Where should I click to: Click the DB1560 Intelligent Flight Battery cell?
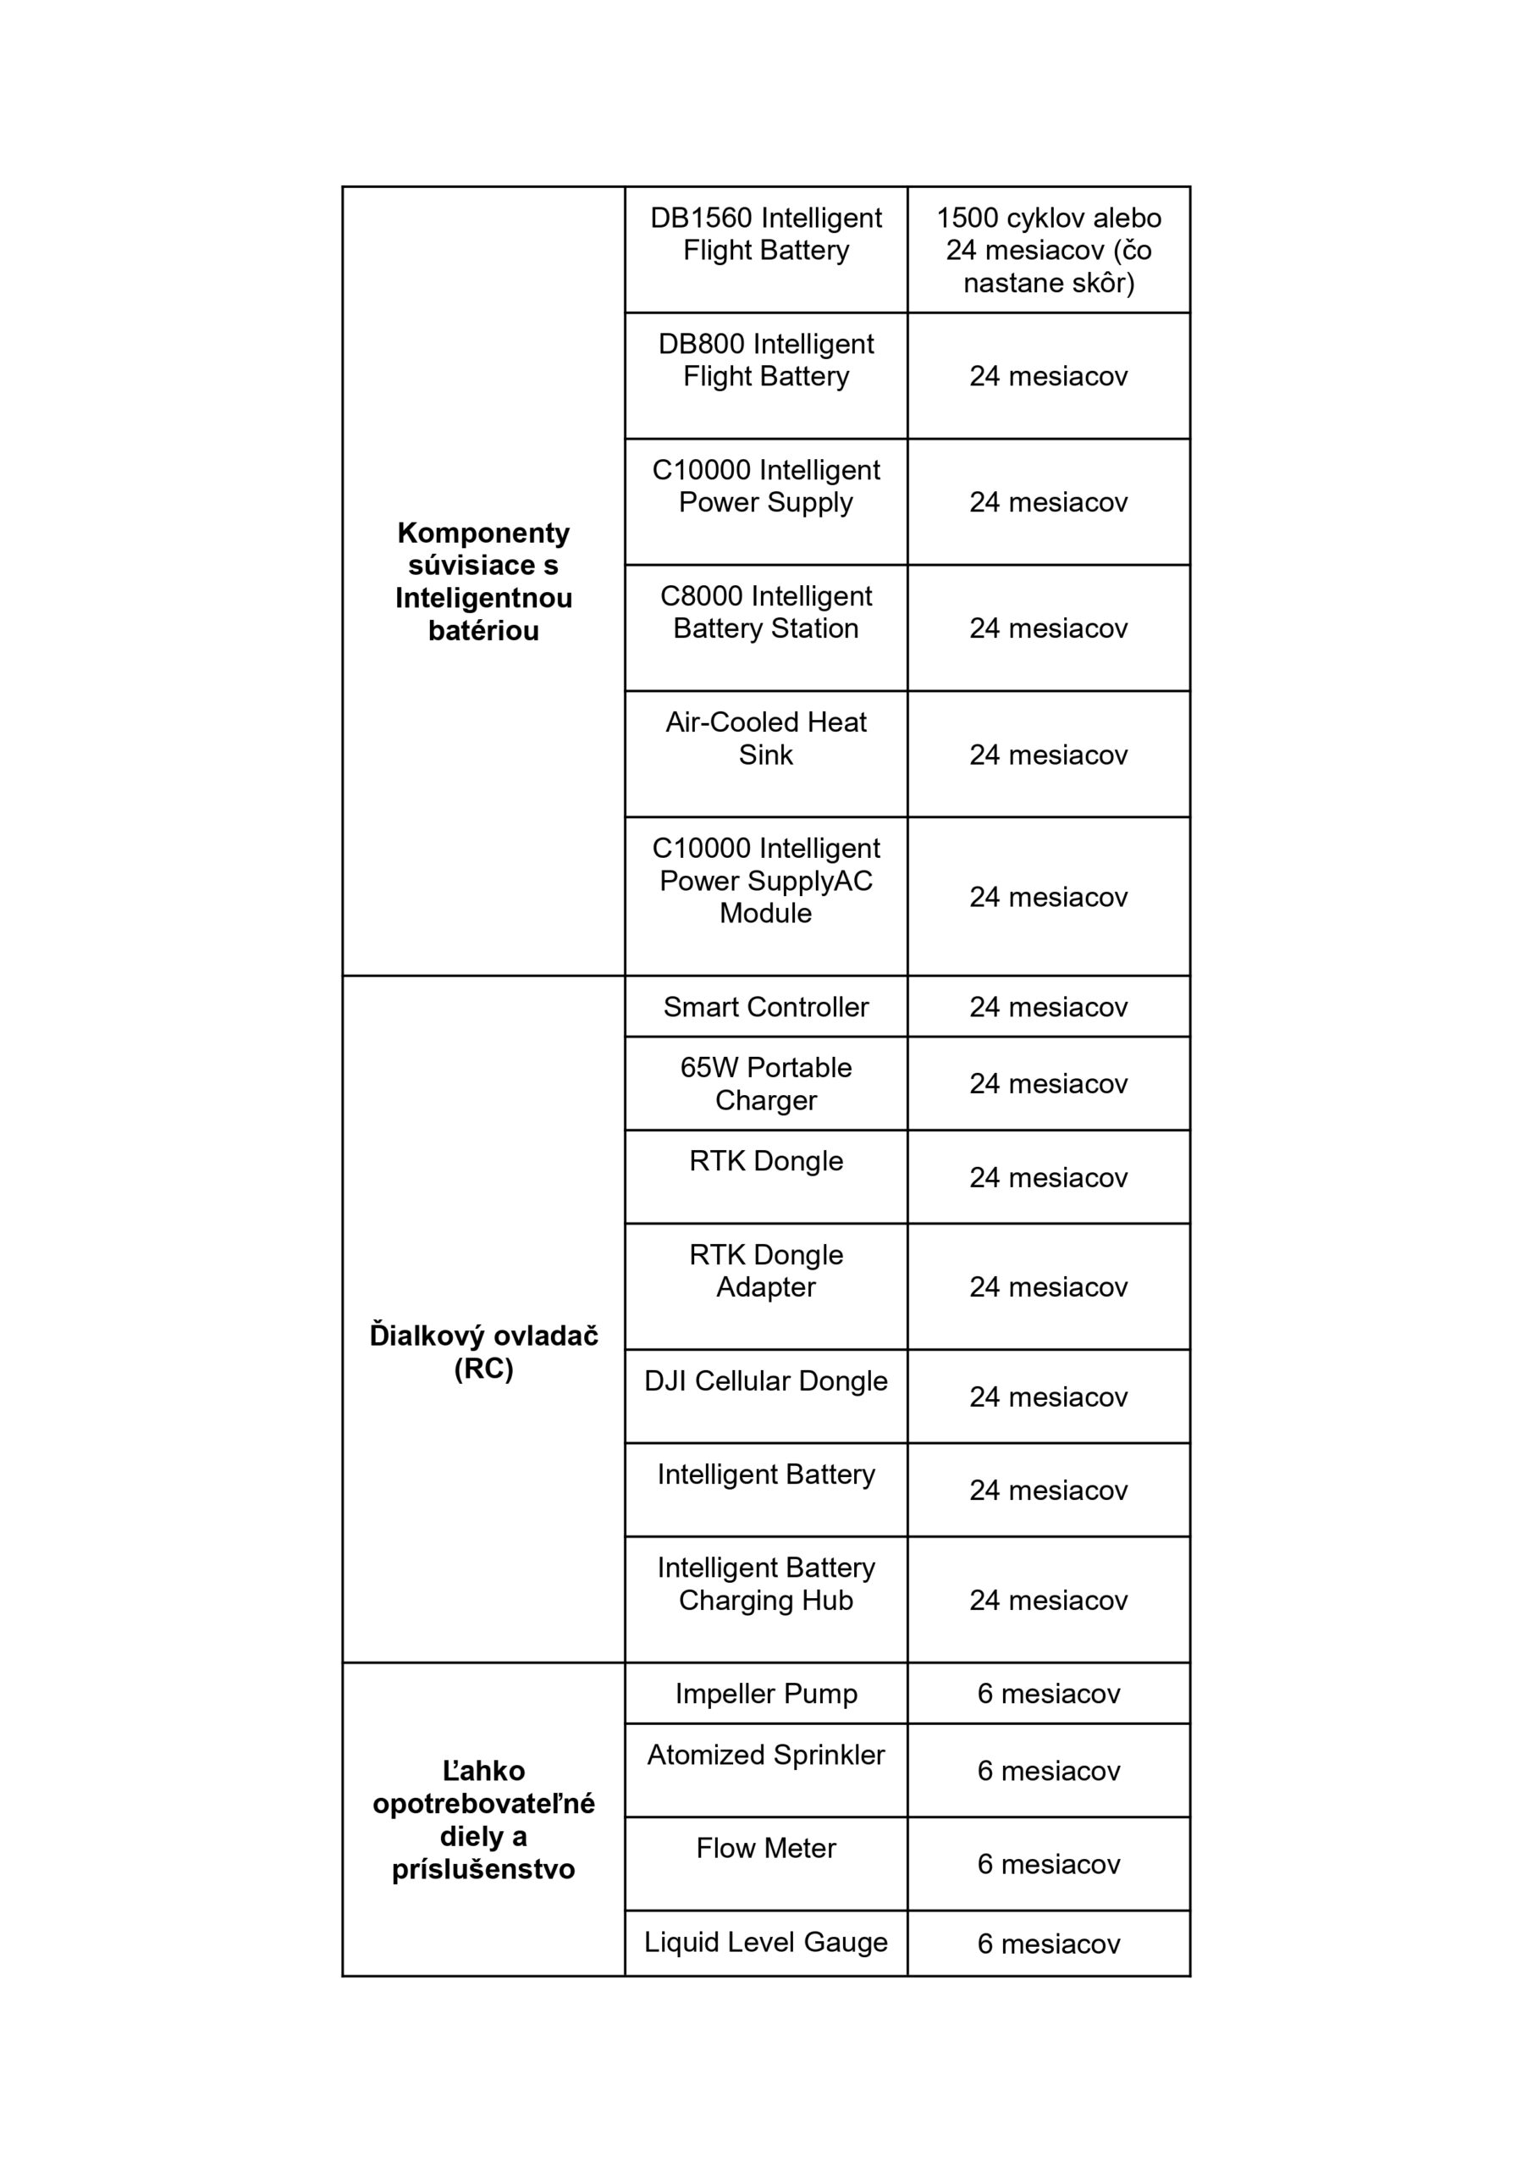coord(765,235)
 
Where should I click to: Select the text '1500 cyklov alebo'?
coord(1048,218)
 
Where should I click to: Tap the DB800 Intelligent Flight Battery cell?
coord(765,360)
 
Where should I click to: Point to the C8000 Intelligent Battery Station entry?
coord(765,612)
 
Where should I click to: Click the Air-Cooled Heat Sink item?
coord(765,738)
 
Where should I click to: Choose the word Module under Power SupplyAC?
coord(765,913)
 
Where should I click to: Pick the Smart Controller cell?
coord(765,1007)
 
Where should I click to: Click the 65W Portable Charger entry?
coord(765,1083)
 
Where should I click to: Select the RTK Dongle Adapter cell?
coord(765,1270)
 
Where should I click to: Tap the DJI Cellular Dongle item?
coord(765,1380)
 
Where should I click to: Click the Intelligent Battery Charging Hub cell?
coord(765,1584)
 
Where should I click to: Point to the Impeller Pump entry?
coord(765,1693)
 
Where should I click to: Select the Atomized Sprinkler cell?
coord(765,1755)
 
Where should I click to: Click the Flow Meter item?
coord(765,1848)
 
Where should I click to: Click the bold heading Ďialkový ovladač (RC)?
coord(483,1352)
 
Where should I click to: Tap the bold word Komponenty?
coord(483,533)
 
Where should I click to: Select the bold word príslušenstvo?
coord(483,1869)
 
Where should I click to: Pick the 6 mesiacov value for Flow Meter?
coord(1048,1864)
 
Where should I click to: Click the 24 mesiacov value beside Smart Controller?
coord(1048,1007)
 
